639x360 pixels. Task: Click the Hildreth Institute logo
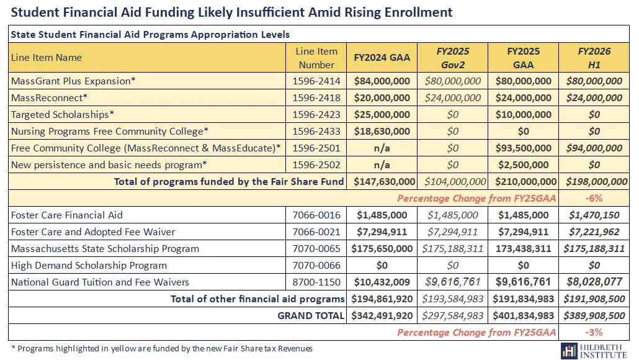coord(595,349)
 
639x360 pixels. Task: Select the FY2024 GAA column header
coord(382,58)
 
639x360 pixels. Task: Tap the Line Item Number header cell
coord(316,58)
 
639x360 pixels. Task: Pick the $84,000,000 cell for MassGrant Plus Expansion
coord(382,81)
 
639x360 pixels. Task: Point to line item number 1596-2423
coord(316,114)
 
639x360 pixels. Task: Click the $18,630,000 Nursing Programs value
coord(382,131)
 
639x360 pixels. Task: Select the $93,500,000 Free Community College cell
coord(523,148)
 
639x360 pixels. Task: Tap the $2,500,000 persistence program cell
coord(523,164)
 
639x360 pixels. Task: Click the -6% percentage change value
coord(594,198)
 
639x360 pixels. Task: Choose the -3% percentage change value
coord(594,332)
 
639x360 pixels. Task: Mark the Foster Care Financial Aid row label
coord(67,215)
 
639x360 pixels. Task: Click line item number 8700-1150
coord(316,282)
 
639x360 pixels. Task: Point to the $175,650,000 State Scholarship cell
coord(382,248)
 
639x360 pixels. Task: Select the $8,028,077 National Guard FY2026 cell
coord(594,282)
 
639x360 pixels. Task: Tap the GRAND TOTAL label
coord(310,315)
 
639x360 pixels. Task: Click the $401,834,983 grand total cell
coord(523,315)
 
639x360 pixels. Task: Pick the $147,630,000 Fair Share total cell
coord(382,181)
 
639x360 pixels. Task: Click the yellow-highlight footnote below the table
coord(162,348)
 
